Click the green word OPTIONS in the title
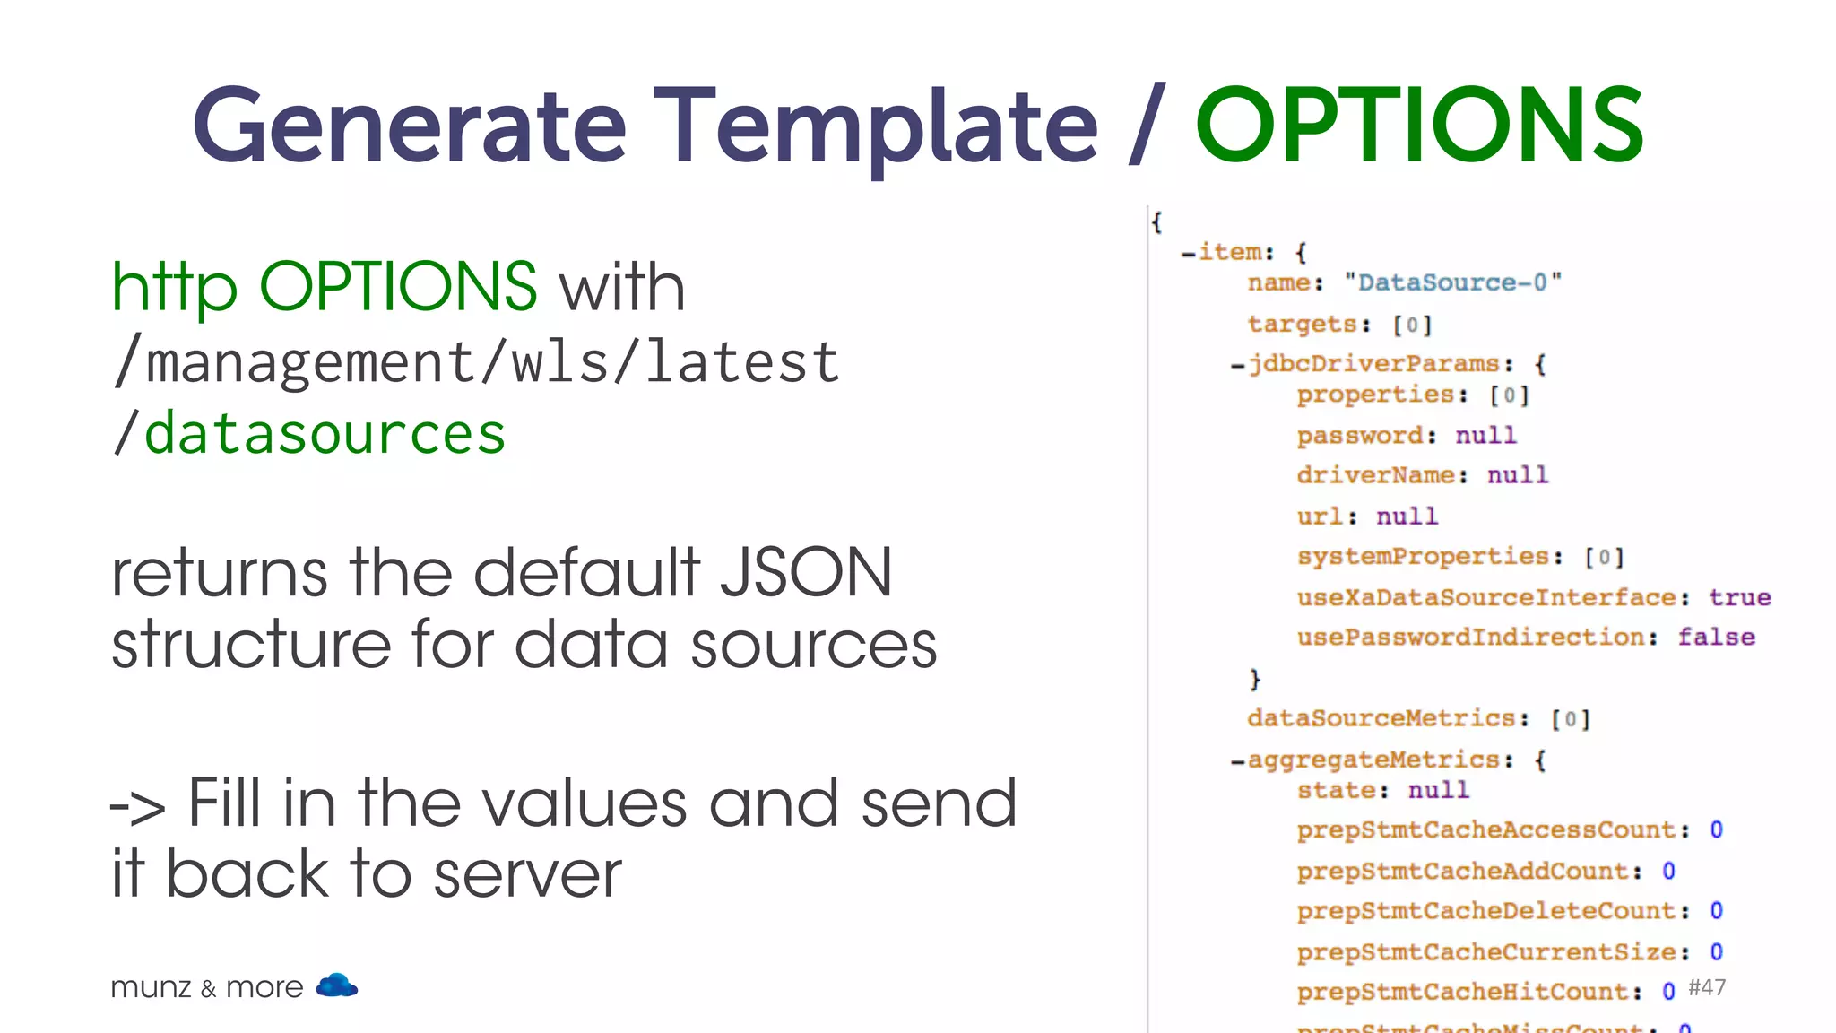(1419, 126)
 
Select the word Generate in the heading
(409, 126)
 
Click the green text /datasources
(309, 434)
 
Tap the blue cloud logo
(337, 985)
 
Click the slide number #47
(1706, 987)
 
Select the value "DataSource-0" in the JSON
(1452, 282)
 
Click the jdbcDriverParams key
(1373, 364)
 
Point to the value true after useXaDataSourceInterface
(1739, 597)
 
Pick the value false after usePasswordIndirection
(1716, 637)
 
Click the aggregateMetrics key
(1373, 760)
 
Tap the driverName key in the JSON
(1375, 475)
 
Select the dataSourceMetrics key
(1381, 718)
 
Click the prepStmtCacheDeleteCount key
(1485, 911)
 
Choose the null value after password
(1485, 436)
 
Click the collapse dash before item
(1188, 254)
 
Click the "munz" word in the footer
(151, 987)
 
